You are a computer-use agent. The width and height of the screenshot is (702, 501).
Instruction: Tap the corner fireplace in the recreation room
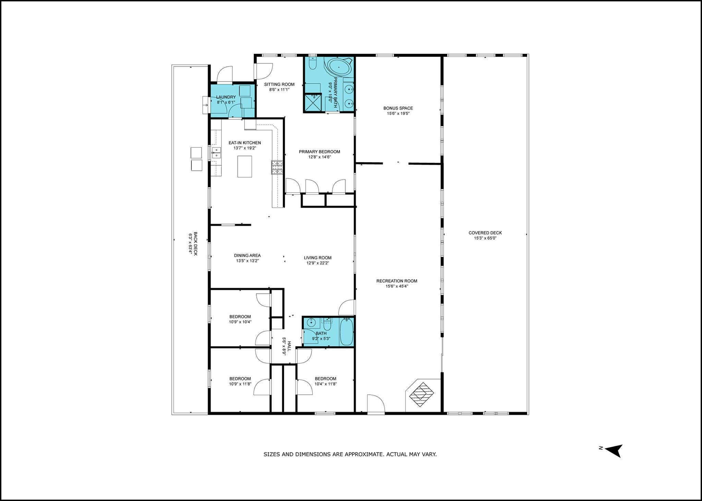coord(422,394)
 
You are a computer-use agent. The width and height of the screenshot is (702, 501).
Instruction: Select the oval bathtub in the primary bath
coord(340,67)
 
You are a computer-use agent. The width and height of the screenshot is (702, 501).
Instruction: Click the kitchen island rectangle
coord(245,166)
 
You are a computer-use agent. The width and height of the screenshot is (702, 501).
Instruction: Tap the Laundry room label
coord(226,97)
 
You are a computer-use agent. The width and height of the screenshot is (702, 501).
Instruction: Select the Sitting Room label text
coord(279,85)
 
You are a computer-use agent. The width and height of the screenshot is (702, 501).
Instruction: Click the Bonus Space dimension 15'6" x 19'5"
coord(398,114)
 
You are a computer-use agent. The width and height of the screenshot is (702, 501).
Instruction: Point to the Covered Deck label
coord(485,233)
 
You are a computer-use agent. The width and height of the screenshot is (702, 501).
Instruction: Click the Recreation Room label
coord(397,281)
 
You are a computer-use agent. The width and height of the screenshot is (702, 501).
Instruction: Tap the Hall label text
coord(289,346)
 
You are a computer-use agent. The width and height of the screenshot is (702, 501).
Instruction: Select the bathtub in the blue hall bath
coord(346,332)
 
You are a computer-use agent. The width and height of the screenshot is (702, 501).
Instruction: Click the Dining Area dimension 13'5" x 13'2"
coord(247,261)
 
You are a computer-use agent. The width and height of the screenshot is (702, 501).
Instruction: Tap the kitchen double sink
coord(216,153)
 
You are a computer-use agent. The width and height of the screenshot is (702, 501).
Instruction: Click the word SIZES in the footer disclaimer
coord(271,454)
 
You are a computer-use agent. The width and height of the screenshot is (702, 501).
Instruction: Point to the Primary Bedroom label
coord(319,152)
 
